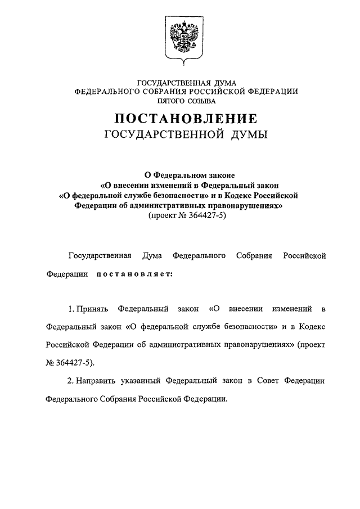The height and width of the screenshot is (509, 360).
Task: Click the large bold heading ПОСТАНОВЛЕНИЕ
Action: coord(186,119)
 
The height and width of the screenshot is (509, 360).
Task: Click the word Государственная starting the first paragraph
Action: coord(100,256)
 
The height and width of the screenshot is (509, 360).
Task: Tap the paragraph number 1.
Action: coord(70,309)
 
